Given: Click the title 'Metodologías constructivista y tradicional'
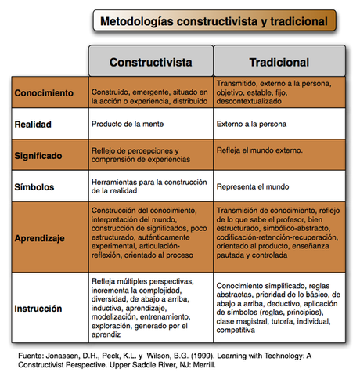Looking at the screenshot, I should (211, 21).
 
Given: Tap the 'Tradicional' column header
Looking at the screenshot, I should (279, 61).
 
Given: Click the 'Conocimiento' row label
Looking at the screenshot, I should (46, 93).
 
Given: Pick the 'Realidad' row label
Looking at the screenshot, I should (34, 124).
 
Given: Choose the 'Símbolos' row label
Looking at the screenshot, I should (36, 186).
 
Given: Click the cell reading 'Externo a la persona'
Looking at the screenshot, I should (255, 124).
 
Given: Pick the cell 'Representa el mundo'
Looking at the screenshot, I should (254, 186).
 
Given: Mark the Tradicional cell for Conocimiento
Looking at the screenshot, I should (279, 93).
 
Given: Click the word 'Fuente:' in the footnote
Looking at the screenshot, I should (31, 355).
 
